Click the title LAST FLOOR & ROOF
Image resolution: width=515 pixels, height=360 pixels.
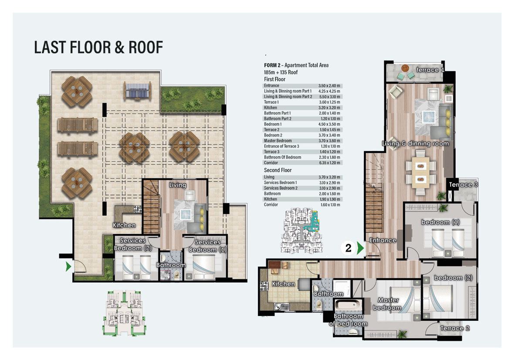click(98, 47)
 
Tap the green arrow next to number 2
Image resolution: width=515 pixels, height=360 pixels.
click(360, 248)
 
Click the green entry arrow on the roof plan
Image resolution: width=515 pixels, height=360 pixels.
click(68, 266)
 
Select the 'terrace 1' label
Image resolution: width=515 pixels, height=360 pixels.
click(430, 70)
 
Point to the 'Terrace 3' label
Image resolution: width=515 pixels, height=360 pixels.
click(464, 185)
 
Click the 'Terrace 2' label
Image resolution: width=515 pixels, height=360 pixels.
click(455, 328)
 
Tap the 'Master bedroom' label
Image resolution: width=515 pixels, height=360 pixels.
click(389, 304)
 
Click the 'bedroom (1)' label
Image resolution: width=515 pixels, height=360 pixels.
click(440, 222)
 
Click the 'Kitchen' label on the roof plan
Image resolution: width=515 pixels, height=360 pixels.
click(124, 225)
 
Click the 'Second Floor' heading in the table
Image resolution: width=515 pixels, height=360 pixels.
click(278, 170)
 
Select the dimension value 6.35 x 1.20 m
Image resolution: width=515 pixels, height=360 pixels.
click(329, 163)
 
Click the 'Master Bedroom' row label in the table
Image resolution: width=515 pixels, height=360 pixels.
click(278, 141)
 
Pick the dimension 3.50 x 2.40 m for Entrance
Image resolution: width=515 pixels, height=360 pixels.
click(329, 86)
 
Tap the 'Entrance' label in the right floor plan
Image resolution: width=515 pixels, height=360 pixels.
click(383, 240)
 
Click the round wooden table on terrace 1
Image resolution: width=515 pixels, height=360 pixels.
click(405, 68)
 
